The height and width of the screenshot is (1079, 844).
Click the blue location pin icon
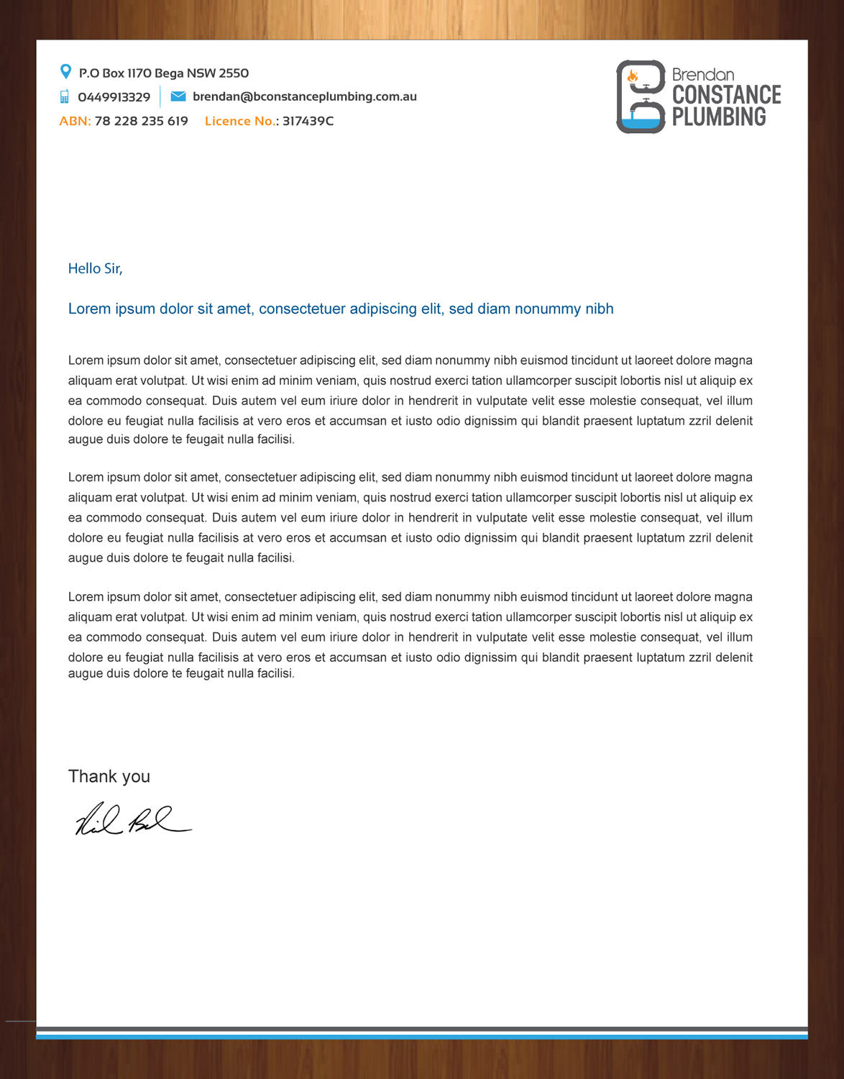click(65, 72)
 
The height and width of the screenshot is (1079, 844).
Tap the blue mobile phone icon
click(65, 96)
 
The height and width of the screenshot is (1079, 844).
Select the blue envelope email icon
click(178, 96)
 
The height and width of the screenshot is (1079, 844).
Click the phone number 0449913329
click(114, 97)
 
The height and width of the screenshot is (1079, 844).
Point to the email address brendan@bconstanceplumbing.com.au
click(304, 96)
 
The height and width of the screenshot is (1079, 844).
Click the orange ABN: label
click(75, 121)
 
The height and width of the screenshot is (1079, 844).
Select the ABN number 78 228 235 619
click(141, 121)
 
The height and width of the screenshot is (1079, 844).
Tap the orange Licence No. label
click(240, 121)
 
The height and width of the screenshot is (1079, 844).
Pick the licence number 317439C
click(308, 121)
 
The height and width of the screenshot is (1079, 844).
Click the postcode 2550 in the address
click(234, 73)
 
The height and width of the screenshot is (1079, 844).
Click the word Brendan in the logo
click(702, 75)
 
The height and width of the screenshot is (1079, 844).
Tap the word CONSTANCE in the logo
click(726, 95)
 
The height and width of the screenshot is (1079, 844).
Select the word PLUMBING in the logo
click(718, 117)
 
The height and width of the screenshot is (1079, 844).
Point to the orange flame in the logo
click(633, 76)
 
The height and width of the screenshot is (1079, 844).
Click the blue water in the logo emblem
click(641, 123)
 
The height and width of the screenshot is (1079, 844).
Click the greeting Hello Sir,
click(95, 268)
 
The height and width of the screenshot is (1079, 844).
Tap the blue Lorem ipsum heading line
click(340, 309)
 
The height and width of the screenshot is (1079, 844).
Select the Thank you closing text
click(109, 776)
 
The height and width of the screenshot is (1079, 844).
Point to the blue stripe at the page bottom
click(421, 1037)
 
